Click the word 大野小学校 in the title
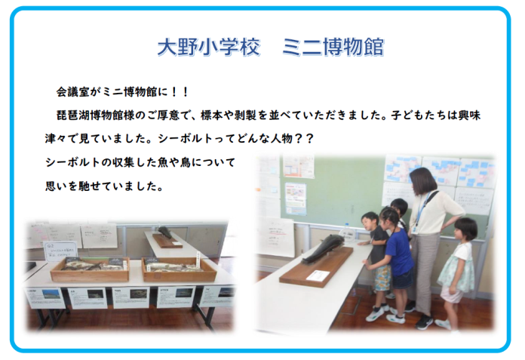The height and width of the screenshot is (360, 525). (209, 47)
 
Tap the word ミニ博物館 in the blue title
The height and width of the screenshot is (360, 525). (333, 47)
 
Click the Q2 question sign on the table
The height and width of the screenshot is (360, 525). (60, 251)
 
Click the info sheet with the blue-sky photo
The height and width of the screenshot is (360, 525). (45, 298)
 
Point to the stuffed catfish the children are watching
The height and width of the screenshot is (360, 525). (324, 248)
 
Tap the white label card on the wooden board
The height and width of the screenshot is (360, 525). (318, 275)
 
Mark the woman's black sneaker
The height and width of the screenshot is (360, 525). (424, 322)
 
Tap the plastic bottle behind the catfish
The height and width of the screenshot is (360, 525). (346, 232)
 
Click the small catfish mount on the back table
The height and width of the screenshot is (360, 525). (164, 232)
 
